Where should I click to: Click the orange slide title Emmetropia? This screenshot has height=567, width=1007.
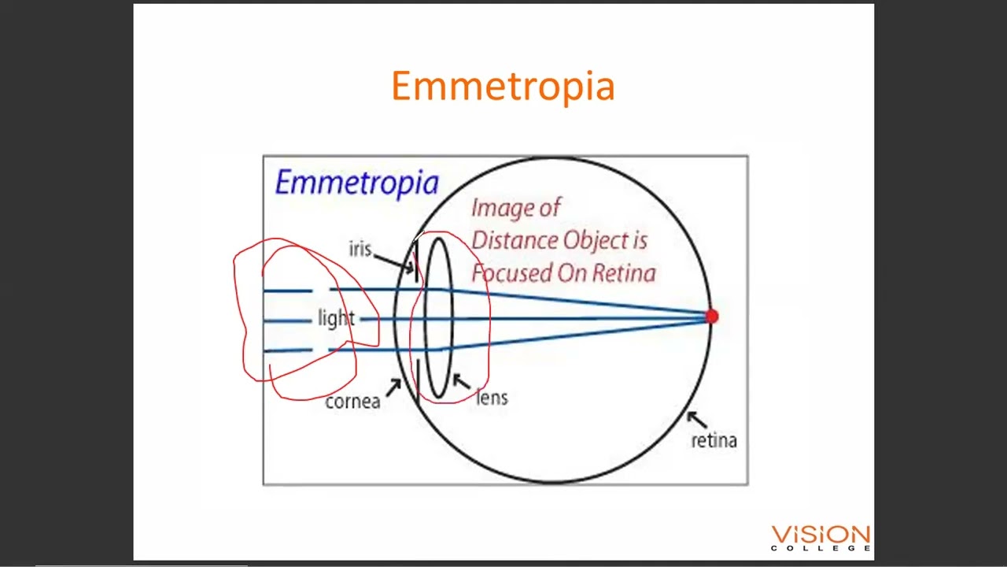[x=502, y=86]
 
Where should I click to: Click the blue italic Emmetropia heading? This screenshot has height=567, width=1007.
[x=356, y=183]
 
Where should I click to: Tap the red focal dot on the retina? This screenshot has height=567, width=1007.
[x=711, y=317]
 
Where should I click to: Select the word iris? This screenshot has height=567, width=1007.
[x=360, y=249]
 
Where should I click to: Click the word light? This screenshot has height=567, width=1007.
[x=336, y=318]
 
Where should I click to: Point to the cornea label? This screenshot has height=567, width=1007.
[x=352, y=402]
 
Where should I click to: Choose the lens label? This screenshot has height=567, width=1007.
[x=492, y=398]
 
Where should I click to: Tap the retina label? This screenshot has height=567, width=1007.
[x=714, y=441]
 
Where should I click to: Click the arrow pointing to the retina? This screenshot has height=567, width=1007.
[x=695, y=420]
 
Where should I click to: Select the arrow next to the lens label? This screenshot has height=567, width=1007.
[x=461, y=383]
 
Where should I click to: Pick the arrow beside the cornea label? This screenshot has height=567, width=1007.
[x=393, y=387]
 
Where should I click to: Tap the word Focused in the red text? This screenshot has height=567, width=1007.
[x=511, y=273]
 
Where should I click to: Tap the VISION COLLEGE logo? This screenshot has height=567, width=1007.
[x=821, y=538]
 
